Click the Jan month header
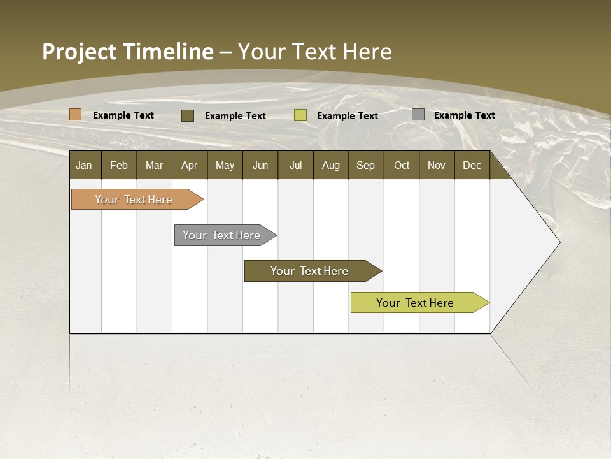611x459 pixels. click(x=84, y=166)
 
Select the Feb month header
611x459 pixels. click(x=119, y=166)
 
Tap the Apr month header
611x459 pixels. click(x=189, y=166)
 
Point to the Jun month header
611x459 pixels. click(x=260, y=166)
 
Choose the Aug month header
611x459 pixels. click(x=330, y=166)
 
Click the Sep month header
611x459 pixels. click(x=365, y=166)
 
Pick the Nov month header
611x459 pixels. click(x=437, y=166)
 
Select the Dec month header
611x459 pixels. click(x=472, y=166)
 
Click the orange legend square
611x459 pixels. click(x=76, y=115)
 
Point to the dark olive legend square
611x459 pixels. click(x=188, y=115)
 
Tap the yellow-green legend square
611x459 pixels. click(x=300, y=115)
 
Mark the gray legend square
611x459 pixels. click(x=418, y=115)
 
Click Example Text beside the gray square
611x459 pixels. click(x=464, y=115)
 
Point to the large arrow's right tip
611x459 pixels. click(x=559, y=242)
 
